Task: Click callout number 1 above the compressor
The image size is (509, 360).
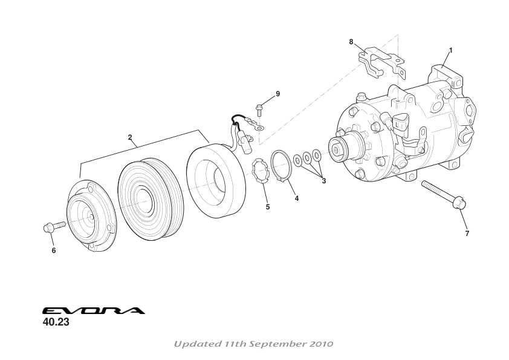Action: coord(450,50)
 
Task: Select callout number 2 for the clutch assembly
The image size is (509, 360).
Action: coord(130,137)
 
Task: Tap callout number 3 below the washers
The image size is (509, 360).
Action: coord(323,180)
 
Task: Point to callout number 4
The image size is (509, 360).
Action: coord(297,199)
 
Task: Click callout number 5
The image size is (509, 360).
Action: coord(268,207)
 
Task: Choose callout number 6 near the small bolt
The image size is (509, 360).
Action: coord(53,250)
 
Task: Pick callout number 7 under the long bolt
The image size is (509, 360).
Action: coord(467,233)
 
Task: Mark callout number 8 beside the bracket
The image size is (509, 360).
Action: coord(351,42)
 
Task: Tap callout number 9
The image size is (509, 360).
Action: coord(277,94)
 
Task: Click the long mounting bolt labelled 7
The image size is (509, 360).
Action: coord(442,194)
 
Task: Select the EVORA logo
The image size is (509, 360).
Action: coord(94,311)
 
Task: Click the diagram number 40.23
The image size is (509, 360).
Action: coord(56,322)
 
